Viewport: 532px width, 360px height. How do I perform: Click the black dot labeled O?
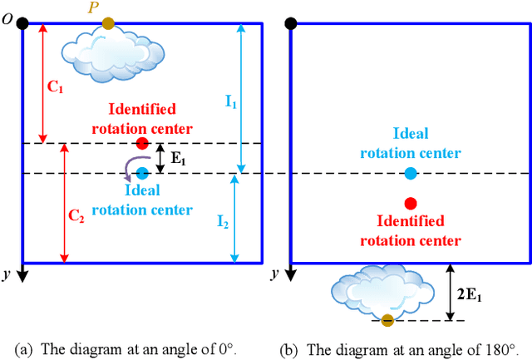(22, 23)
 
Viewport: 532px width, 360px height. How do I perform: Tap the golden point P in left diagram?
(109, 23)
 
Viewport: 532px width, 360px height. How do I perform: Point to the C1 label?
(55, 86)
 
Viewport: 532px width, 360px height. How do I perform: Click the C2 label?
(76, 215)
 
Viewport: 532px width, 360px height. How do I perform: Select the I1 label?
(231, 104)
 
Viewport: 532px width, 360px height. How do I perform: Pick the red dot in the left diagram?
(142, 143)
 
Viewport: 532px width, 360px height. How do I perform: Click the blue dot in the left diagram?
(142, 173)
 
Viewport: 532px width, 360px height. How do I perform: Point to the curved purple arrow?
(127, 170)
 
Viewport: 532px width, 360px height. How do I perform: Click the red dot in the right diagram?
(410, 203)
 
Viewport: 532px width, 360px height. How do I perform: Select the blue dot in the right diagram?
(410, 173)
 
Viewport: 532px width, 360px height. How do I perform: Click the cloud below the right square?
(378, 291)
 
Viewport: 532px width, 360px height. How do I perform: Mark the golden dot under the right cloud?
(387, 321)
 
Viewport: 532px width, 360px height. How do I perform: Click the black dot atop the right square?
(290, 23)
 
